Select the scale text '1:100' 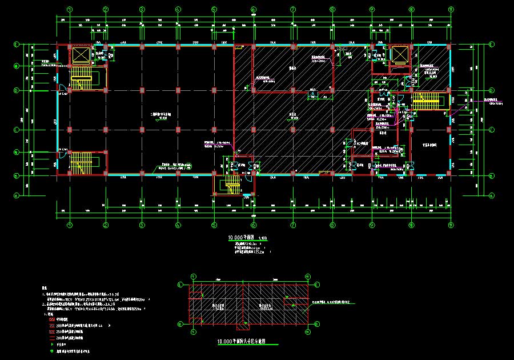point(263,238)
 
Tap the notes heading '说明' point(45,289)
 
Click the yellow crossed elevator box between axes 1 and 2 point(80,55)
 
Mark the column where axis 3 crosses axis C point(141,130)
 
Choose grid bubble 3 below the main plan point(141,225)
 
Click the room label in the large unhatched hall point(158,114)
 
